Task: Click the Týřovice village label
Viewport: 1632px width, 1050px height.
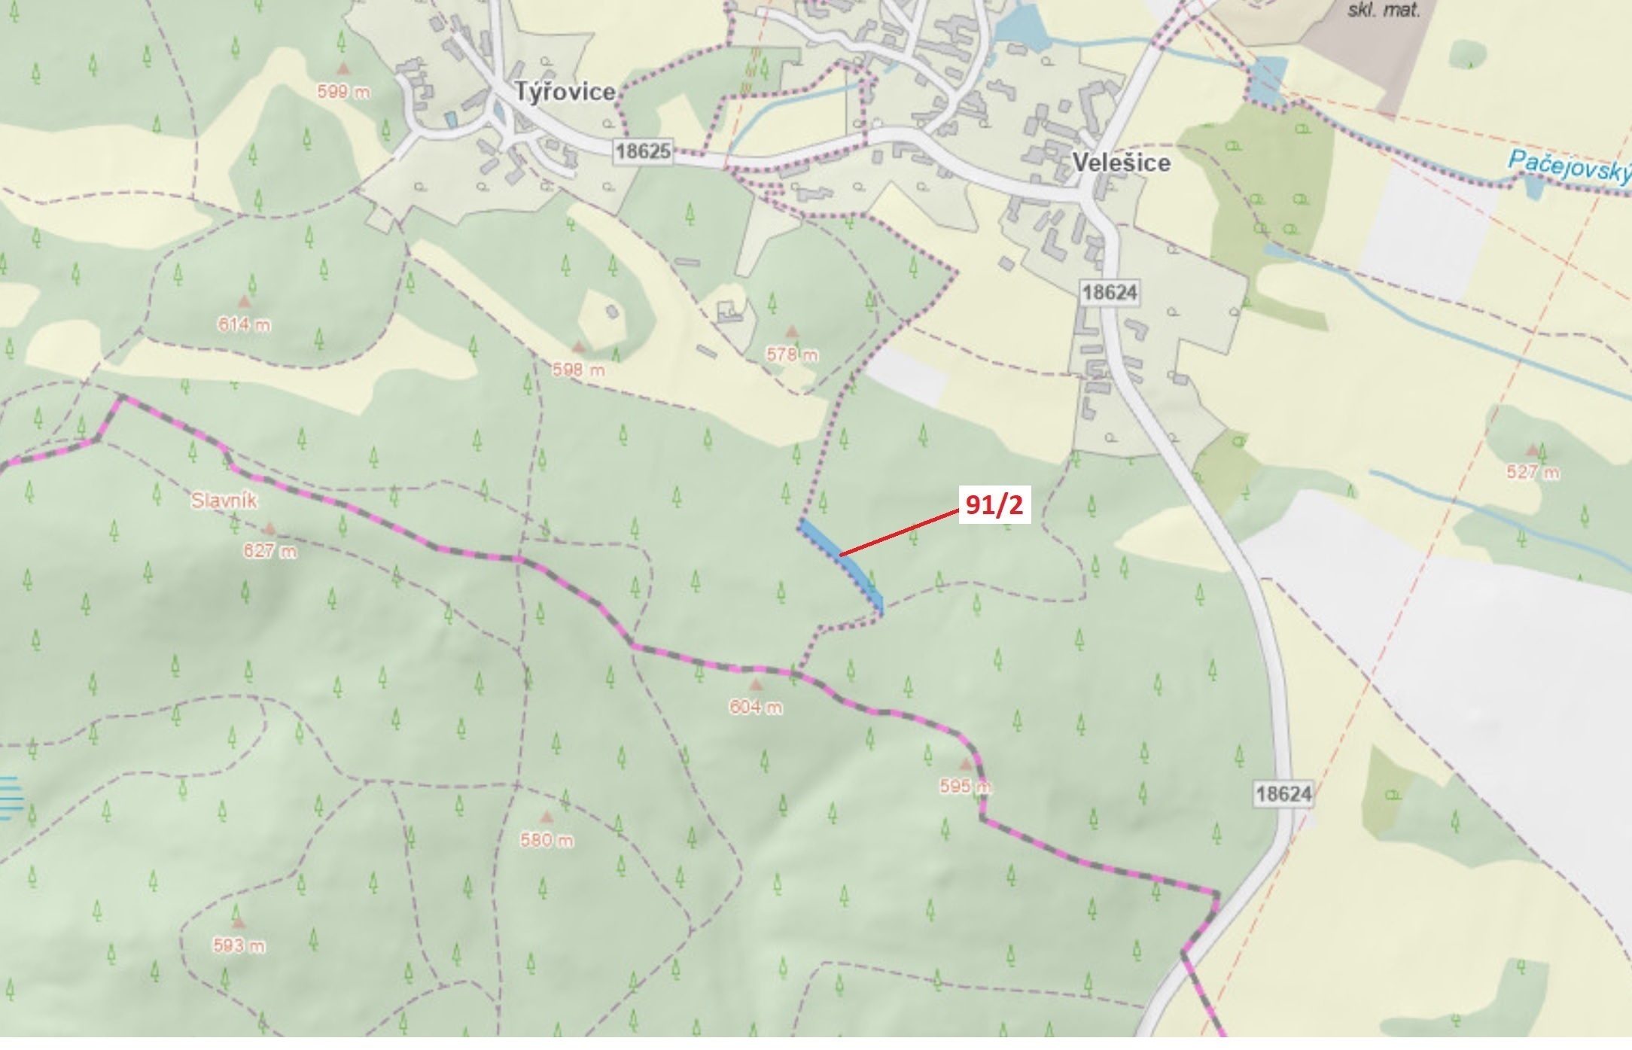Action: (565, 92)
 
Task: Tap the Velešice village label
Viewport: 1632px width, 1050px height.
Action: (1121, 163)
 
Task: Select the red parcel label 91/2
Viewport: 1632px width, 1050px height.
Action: (994, 505)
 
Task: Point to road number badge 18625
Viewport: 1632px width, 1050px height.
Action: (643, 151)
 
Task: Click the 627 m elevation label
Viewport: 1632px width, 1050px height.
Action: (269, 551)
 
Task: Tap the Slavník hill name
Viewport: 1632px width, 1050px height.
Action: (224, 501)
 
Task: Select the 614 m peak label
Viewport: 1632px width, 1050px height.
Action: (244, 324)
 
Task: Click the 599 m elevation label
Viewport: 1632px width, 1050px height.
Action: (343, 92)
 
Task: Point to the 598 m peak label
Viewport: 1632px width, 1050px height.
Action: (578, 370)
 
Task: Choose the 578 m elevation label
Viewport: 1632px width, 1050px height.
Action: (792, 354)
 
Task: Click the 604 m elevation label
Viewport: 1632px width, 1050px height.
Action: (755, 707)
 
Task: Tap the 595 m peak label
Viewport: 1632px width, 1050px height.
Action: (965, 787)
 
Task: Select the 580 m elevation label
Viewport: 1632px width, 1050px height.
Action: (547, 839)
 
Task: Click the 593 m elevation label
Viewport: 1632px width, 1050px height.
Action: (239, 945)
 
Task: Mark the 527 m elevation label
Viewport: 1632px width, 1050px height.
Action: (1533, 472)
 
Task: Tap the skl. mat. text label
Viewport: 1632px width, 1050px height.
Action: (1384, 10)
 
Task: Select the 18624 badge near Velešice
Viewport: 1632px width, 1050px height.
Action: (1110, 292)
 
